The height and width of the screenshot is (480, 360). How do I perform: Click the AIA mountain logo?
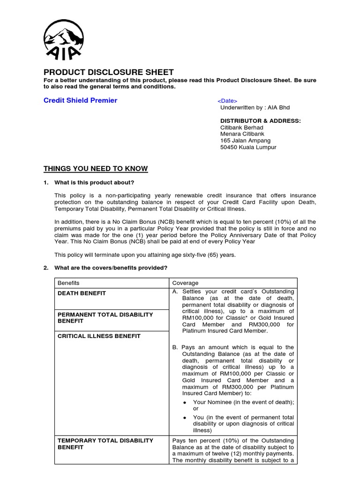pyautogui.click(x=64, y=40)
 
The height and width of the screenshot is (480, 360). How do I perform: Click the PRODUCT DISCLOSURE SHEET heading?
pyautogui.click(x=109, y=72)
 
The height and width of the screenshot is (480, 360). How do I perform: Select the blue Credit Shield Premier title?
pyautogui.click(x=81, y=100)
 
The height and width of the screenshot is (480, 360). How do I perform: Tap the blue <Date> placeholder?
pyautogui.click(x=227, y=101)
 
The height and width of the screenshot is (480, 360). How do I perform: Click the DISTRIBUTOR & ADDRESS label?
pyautogui.click(x=261, y=121)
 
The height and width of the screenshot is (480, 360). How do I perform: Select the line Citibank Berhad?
pyautogui.click(x=242, y=127)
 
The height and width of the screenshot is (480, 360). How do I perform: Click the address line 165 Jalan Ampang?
pyautogui.click(x=246, y=141)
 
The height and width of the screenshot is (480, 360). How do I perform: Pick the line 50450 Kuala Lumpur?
pyautogui.click(x=248, y=147)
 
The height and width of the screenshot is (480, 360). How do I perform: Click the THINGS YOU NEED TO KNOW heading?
pyautogui.click(x=96, y=169)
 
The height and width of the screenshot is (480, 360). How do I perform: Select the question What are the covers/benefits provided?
pyautogui.click(x=111, y=268)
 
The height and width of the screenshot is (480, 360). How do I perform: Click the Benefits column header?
pyautogui.click(x=68, y=283)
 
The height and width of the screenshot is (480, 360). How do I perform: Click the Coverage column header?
pyautogui.click(x=186, y=283)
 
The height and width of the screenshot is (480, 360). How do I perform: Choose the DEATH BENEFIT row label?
pyautogui.click(x=82, y=293)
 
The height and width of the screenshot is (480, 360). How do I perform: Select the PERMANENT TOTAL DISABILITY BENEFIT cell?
pyautogui.click(x=105, y=318)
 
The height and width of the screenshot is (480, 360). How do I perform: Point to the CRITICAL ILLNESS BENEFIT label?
pyautogui.click(x=99, y=336)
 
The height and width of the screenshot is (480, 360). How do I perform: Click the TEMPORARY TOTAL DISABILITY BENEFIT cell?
pyautogui.click(x=105, y=444)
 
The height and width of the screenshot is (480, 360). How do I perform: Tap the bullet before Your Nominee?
pyautogui.click(x=185, y=403)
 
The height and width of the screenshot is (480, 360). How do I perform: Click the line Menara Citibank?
pyautogui.click(x=242, y=134)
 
